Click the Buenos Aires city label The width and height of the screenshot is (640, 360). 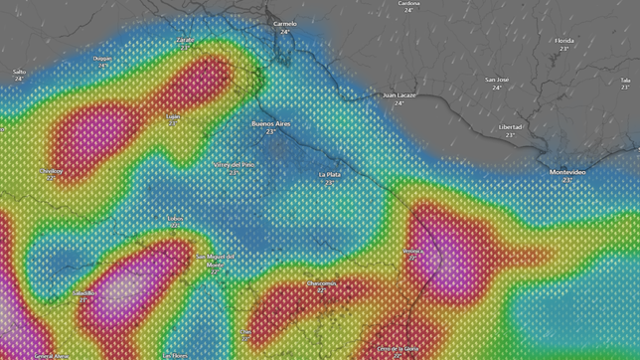(x=270, y=123)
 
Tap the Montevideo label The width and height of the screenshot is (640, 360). (x=567, y=172)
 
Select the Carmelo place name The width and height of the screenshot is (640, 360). (x=285, y=23)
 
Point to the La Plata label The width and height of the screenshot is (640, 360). (x=330, y=174)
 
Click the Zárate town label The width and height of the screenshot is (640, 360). (x=185, y=40)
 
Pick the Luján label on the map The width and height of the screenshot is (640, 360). (x=174, y=116)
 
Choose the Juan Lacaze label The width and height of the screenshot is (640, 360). (x=399, y=95)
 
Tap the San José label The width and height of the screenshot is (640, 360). (x=497, y=80)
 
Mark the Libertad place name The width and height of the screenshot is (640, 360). (x=510, y=127)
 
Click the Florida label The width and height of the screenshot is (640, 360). (x=563, y=41)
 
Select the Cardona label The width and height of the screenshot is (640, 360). (x=408, y=3)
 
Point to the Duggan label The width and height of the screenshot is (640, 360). (x=102, y=58)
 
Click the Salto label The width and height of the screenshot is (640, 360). (x=19, y=72)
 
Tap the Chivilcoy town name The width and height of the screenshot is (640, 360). (x=51, y=170)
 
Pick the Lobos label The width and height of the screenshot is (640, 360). (x=176, y=218)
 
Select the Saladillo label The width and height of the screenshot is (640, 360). (x=85, y=292)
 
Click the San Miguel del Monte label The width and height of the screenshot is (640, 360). (x=215, y=261)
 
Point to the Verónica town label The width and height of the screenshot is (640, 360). (x=412, y=252)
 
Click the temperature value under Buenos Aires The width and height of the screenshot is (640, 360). (x=270, y=132)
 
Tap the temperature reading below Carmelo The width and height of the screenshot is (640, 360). (x=285, y=32)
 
